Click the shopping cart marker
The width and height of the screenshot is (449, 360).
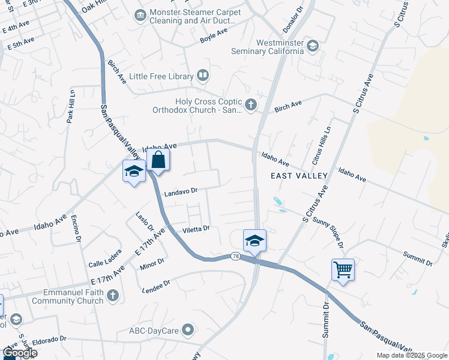click(343, 269)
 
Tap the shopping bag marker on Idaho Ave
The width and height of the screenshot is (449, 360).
click(158, 160)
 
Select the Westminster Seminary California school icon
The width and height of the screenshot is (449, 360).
click(312, 46)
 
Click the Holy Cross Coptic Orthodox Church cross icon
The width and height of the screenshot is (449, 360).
click(251, 106)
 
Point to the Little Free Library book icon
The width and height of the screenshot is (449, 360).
click(203, 76)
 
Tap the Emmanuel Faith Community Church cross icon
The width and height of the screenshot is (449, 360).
click(113, 296)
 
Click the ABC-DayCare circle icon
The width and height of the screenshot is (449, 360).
click(188, 329)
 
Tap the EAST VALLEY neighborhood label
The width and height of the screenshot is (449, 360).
click(299, 176)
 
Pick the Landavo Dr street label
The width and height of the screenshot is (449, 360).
click(181, 191)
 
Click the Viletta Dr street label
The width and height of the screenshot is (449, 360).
click(196, 229)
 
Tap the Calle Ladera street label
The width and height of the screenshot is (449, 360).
click(105, 263)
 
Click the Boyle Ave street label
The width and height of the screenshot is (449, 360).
click(214, 37)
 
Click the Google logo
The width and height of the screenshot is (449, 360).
click(20, 353)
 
